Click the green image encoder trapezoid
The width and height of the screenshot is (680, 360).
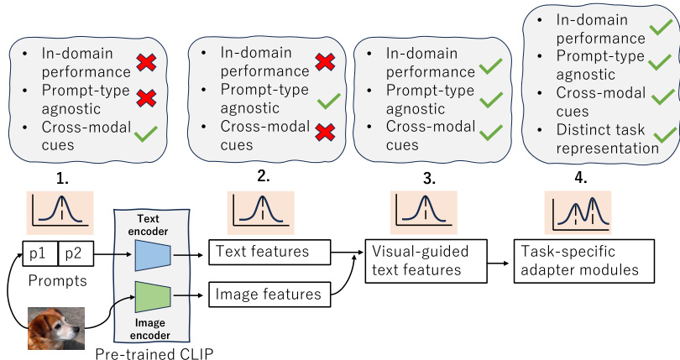[152, 295]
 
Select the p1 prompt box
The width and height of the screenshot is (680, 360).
[39, 251]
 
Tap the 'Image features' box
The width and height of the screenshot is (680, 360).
[268, 294]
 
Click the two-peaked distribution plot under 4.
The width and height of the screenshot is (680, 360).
[578, 211]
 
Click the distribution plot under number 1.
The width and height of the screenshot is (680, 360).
[60, 211]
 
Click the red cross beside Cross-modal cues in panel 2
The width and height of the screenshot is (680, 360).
[323, 133]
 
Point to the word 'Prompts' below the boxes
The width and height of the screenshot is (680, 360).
[58, 280]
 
